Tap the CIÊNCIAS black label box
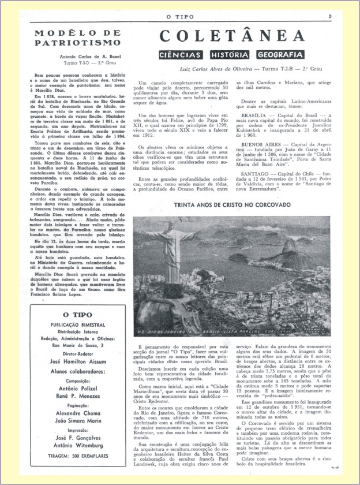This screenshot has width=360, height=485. point(181,55)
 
